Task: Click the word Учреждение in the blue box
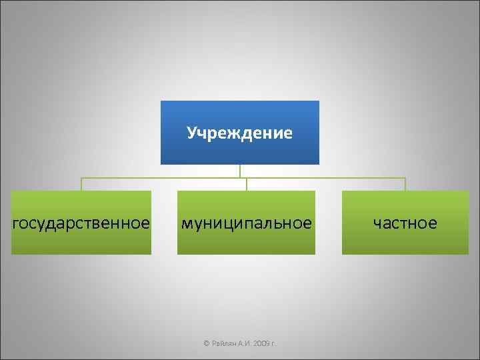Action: point(240,133)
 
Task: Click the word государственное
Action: point(81,223)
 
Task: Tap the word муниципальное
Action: point(246,223)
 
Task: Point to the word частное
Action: point(405,223)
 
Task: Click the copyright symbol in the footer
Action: point(206,343)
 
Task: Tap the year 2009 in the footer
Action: point(260,343)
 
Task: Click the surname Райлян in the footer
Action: point(223,343)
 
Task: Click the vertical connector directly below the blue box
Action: point(240,171)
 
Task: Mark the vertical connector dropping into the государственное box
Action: point(81,185)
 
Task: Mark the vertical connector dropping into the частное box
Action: point(405,185)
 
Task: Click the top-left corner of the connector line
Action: point(81,178)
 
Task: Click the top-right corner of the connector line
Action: point(405,178)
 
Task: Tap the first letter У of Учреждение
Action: point(191,133)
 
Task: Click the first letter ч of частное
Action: point(377,223)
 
